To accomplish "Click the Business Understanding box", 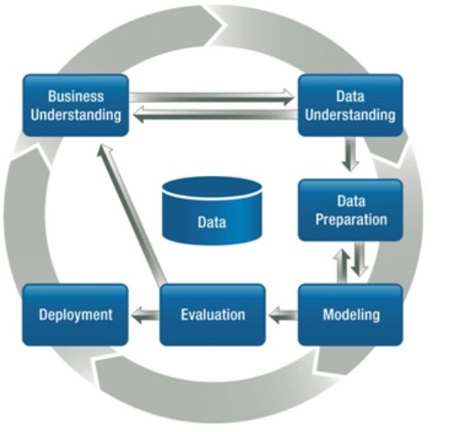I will pyautogui.click(x=76, y=105).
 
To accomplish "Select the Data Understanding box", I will pyautogui.click(x=350, y=105).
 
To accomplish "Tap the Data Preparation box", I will pyautogui.click(x=350, y=210).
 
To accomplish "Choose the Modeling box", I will pyautogui.click(x=350, y=314).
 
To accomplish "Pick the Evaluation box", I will pyautogui.click(x=212, y=314).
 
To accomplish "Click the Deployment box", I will pyautogui.click(x=76, y=314).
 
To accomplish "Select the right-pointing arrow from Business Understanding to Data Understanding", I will pyautogui.click(x=213, y=98).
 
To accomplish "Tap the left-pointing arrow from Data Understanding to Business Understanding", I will pyautogui.click(x=213, y=111).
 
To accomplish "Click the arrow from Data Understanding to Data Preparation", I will pyautogui.click(x=350, y=156).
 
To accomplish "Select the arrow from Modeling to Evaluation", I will pyautogui.click(x=281, y=314).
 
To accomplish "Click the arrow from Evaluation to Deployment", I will pyautogui.click(x=144, y=314).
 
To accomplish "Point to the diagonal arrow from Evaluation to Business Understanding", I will pyautogui.click(x=132, y=213).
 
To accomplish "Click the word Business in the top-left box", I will pyautogui.click(x=76, y=96).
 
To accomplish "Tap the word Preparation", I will pyautogui.click(x=350, y=219).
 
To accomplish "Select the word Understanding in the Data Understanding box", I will pyautogui.click(x=350, y=114).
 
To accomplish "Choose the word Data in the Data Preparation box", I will pyautogui.click(x=350, y=201).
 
